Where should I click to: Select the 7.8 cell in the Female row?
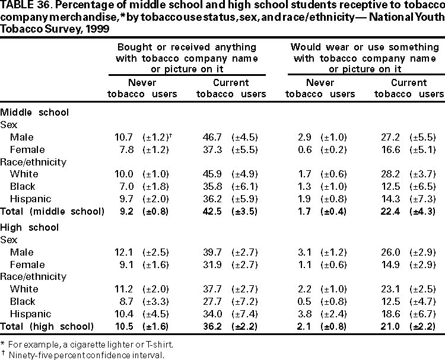click(x=127, y=150)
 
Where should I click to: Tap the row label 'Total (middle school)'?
click(x=52, y=211)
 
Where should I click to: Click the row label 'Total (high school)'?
click(x=47, y=326)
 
